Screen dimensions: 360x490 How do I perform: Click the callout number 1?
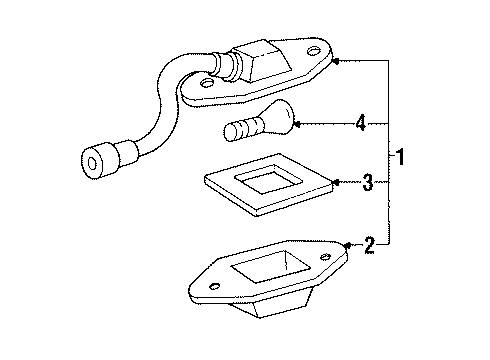pyautogui.click(x=401, y=158)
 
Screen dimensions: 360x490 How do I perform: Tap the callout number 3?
pyautogui.click(x=368, y=183)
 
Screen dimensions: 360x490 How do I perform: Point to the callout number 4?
pyautogui.click(x=361, y=124)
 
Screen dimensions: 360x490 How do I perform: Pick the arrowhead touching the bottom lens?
pyautogui.click(x=346, y=245)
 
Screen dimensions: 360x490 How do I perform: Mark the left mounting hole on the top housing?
pyautogui.click(x=208, y=91)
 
